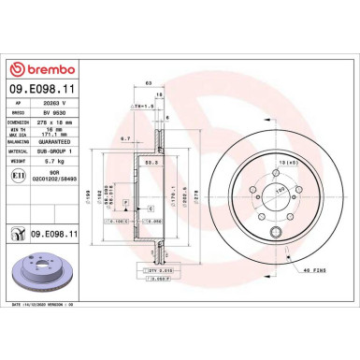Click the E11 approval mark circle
(x=19, y=175)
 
